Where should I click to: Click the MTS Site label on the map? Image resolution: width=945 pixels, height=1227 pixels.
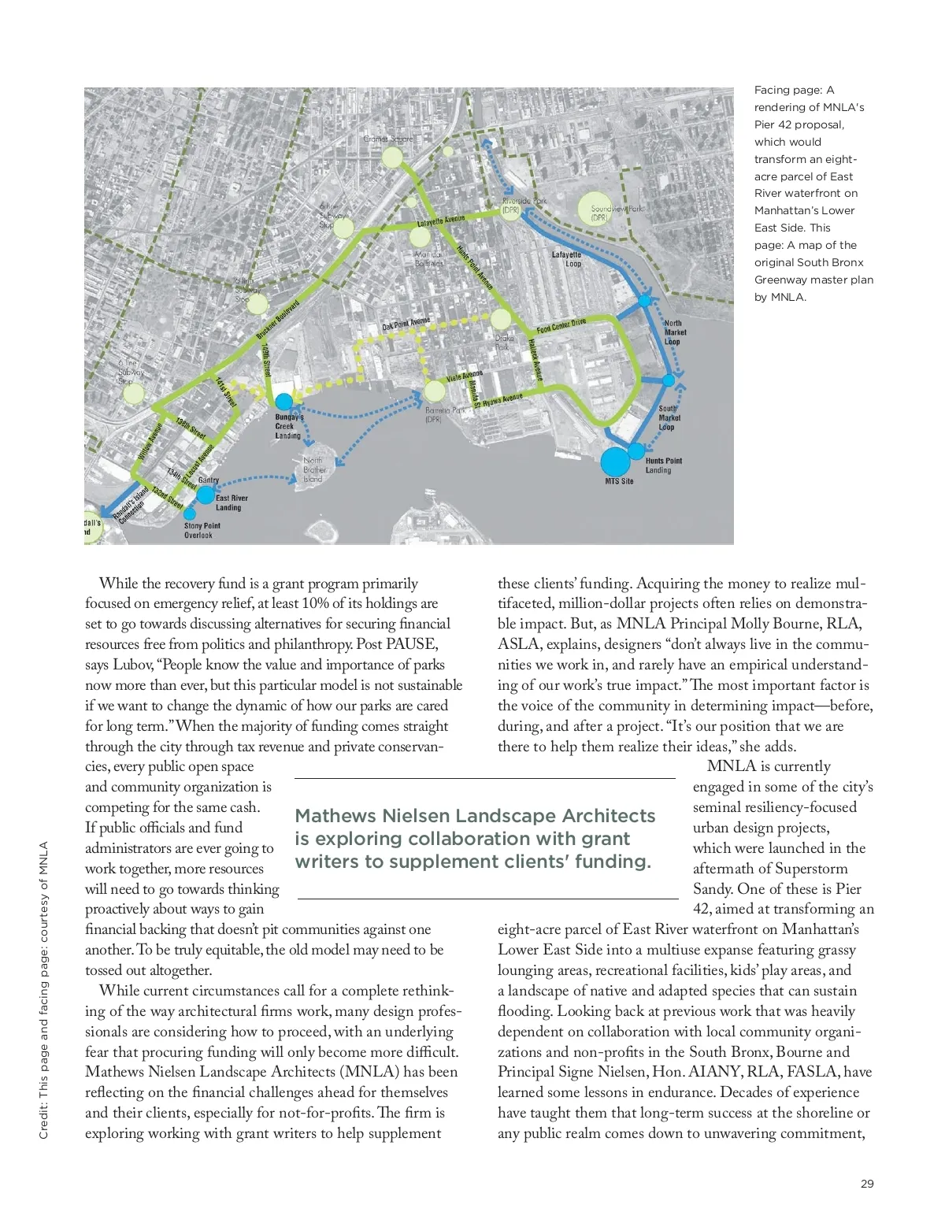coord(619,481)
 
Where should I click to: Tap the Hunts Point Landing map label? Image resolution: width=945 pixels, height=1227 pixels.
coord(663,465)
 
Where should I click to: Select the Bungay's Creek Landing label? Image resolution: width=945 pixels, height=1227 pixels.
coord(288,426)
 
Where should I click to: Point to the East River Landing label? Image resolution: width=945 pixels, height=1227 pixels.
coord(232,502)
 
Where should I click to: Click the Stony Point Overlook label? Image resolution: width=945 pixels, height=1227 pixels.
coord(202,530)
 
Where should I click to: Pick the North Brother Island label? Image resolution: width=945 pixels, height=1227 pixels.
coord(313,469)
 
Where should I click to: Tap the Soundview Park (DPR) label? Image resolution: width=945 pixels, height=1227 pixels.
coord(617,213)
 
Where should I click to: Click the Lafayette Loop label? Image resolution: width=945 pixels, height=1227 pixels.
coord(567,259)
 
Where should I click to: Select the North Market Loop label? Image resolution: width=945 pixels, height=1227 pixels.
coord(674,332)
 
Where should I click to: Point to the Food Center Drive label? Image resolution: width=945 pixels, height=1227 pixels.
coord(561,325)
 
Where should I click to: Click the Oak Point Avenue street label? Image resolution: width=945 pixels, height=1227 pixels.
coord(406,324)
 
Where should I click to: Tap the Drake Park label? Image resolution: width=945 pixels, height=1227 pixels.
coord(503,343)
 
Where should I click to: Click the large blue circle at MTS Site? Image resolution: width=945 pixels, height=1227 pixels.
coord(615,462)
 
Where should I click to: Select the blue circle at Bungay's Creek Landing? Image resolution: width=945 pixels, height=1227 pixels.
coord(283,402)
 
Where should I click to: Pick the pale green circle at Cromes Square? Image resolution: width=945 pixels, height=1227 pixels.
coord(392,158)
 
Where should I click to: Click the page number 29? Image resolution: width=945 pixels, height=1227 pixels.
coord(867,1184)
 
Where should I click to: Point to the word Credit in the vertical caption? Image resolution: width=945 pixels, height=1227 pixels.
coord(44,1121)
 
